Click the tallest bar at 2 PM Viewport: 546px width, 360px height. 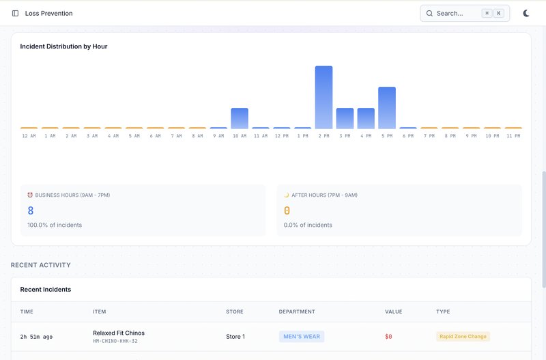324,98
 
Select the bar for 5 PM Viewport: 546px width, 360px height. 387,108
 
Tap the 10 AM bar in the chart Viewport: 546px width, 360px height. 240,118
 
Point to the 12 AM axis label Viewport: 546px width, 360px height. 29,136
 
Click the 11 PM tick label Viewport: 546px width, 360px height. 513,136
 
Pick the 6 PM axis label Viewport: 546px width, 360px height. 408,136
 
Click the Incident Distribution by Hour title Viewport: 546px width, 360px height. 63,46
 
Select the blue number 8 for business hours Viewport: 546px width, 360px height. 31,211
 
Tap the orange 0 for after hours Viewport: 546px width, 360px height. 287,211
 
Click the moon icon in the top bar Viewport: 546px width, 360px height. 526,13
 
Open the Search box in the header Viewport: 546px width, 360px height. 464,13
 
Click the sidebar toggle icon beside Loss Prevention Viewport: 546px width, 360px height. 15,13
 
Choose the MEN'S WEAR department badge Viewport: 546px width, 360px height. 301,336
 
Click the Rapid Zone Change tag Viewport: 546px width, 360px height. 463,336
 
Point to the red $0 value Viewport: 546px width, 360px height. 388,336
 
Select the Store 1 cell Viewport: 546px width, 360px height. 235,336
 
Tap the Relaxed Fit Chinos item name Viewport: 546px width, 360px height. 119,333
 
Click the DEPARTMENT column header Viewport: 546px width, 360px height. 297,311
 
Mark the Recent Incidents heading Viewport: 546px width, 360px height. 46,290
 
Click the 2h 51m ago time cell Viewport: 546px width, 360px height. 37,337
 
